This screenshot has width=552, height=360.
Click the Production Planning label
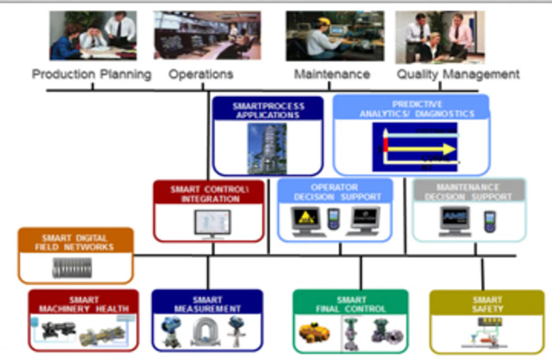pyautogui.click(x=92, y=74)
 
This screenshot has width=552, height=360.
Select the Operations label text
pyautogui.click(x=201, y=74)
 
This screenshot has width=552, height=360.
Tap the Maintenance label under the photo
pyautogui.click(x=332, y=74)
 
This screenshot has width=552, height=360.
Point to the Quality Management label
pyautogui.click(x=458, y=74)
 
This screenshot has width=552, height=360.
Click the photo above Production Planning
pyautogui.click(x=93, y=35)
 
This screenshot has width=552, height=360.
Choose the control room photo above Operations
pyautogui.click(x=207, y=35)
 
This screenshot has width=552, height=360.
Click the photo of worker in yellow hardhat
pyautogui.click(x=335, y=36)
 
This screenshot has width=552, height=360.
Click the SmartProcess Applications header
pyautogui.click(x=268, y=110)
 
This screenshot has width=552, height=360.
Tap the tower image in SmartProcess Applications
pyautogui.click(x=267, y=148)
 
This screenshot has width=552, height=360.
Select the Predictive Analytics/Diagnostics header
pyautogui.click(x=411, y=109)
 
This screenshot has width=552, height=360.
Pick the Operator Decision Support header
pyautogui.click(x=335, y=192)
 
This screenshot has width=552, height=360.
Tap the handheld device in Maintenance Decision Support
pyautogui.click(x=489, y=221)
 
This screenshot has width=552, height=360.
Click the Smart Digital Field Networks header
pyautogui.click(x=75, y=242)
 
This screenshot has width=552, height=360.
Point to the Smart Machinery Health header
pyautogui.click(x=84, y=304)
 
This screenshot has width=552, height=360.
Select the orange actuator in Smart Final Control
pyautogui.click(x=314, y=333)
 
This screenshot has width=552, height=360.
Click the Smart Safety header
pyautogui.click(x=487, y=304)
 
